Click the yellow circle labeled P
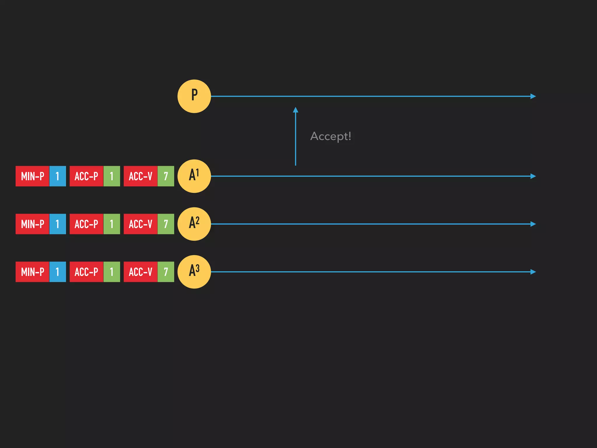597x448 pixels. coord(194,96)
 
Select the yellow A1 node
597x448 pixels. coord(194,176)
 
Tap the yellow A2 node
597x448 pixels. coord(194,224)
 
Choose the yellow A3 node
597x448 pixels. coord(194,272)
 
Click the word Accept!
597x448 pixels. coord(331,136)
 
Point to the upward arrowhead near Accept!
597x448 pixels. coord(296,110)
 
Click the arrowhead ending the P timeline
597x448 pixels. coord(533,96)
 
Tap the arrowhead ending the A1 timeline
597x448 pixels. coord(533,176)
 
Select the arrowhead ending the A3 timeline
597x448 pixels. coord(533,272)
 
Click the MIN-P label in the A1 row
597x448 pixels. coord(32,176)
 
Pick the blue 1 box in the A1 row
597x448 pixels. coord(57,176)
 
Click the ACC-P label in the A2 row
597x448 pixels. coord(86,224)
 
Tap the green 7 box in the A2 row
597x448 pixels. coord(166,224)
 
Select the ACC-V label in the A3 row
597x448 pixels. coord(141,272)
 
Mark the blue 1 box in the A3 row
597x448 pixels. coord(57,272)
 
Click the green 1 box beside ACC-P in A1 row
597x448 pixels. coord(112,176)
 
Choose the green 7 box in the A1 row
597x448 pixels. coord(166,176)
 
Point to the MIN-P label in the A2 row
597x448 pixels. coord(32,224)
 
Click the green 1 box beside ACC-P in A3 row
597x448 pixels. coord(112,272)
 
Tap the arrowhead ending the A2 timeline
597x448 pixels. coord(533,224)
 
